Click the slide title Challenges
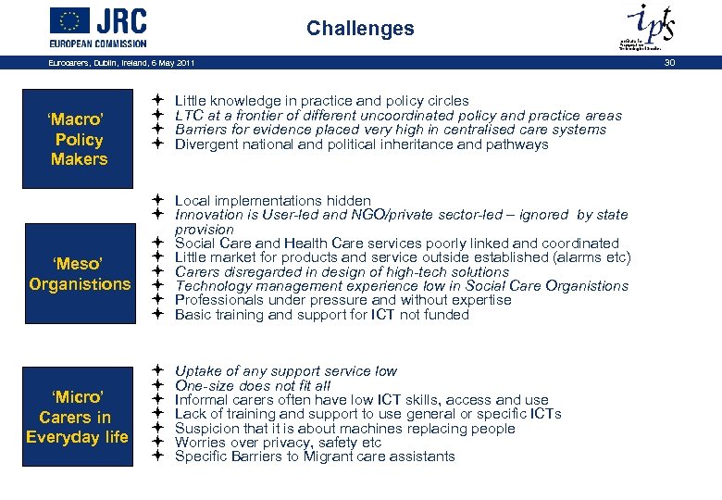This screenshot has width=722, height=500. point(360,29)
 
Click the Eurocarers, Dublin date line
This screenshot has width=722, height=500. point(121,62)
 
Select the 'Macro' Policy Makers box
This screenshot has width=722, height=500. point(79,140)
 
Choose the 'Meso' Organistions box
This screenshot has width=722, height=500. point(80,274)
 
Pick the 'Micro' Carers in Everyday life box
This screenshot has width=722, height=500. point(78,417)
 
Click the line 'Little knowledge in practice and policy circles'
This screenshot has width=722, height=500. point(321,101)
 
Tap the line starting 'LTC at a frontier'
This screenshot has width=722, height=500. point(398,116)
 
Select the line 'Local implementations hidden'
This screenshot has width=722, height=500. point(272,201)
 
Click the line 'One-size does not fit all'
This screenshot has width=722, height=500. point(252,385)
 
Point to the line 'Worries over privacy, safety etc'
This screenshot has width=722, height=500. point(278,443)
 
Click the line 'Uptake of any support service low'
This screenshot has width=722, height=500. point(285,371)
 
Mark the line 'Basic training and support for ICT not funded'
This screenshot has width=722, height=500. point(321,315)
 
